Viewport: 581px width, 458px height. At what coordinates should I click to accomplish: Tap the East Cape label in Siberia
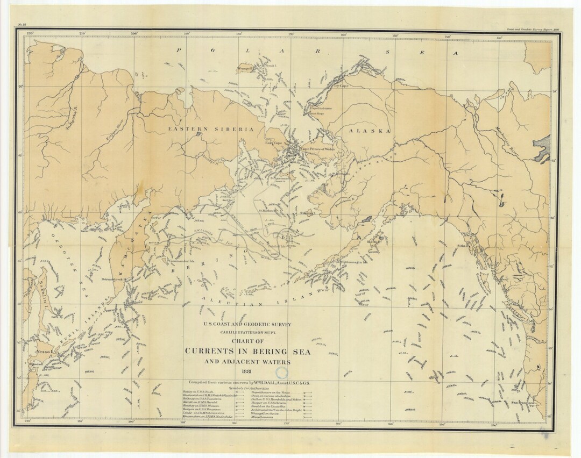click(x=274, y=143)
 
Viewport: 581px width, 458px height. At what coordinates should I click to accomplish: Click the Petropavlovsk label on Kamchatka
click(x=112, y=280)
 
